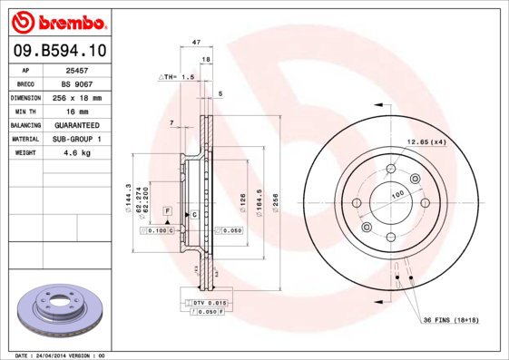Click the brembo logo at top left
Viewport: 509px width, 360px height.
tap(59, 21)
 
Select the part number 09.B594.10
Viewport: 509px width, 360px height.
tap(58, 53)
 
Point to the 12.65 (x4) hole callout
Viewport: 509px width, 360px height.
tap(426, 141)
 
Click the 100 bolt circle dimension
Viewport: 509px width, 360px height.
tap(397, 195)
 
